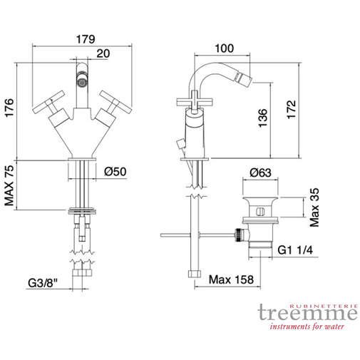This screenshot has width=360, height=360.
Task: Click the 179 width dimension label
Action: click(86, 40)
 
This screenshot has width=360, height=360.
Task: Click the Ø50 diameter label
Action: click(116, 172)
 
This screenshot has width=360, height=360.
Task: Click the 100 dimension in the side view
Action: click(225, 49)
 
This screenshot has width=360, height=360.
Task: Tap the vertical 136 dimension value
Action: click(263, 116)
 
